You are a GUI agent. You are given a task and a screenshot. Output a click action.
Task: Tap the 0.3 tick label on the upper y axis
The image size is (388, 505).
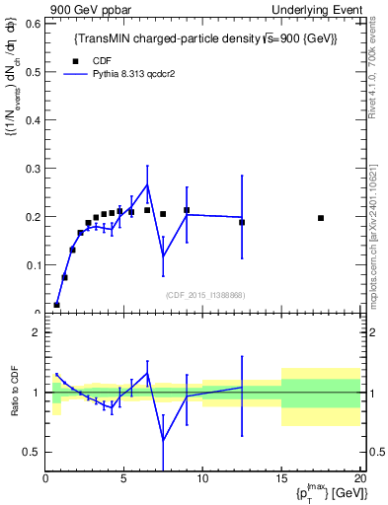32,168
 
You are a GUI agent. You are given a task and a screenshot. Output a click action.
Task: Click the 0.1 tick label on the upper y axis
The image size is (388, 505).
32,264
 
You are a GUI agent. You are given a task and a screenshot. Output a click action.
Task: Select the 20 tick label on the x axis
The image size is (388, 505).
358,479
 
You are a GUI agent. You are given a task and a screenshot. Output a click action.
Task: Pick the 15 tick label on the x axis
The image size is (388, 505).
281,479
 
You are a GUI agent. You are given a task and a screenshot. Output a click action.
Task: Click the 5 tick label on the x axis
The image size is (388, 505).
123,479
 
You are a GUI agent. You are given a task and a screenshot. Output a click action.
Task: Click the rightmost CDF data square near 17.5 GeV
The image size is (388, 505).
321,218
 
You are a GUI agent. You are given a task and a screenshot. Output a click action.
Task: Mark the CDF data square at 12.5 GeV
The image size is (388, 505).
242,222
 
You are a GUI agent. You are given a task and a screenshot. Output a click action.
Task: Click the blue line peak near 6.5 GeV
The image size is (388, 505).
147,184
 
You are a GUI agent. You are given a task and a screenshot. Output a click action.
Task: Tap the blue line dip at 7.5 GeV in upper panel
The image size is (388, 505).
163,256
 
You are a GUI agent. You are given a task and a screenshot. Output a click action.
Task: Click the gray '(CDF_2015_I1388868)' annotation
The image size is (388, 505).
203,294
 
